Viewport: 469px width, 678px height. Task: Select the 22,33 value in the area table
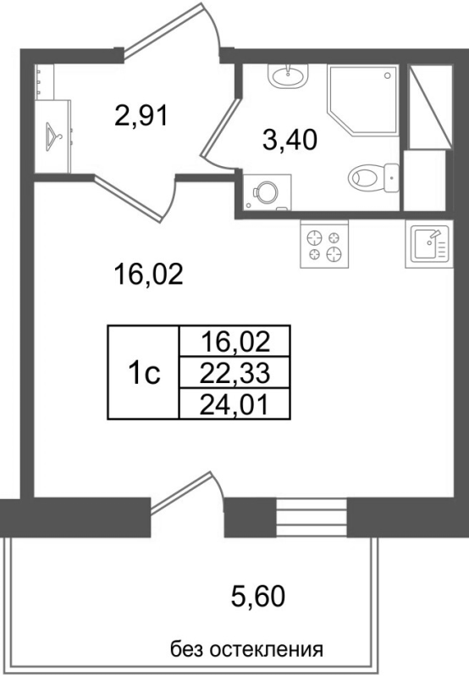(235, 371)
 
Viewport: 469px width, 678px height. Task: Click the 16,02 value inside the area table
(235, 342)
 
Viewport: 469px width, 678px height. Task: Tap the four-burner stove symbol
(324, 244)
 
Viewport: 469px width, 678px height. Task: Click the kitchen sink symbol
(429, 244)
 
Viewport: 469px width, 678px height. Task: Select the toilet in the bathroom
(372, 177)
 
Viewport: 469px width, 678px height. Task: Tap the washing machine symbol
(266, 192)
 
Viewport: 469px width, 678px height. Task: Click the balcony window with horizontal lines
(312, 514)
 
